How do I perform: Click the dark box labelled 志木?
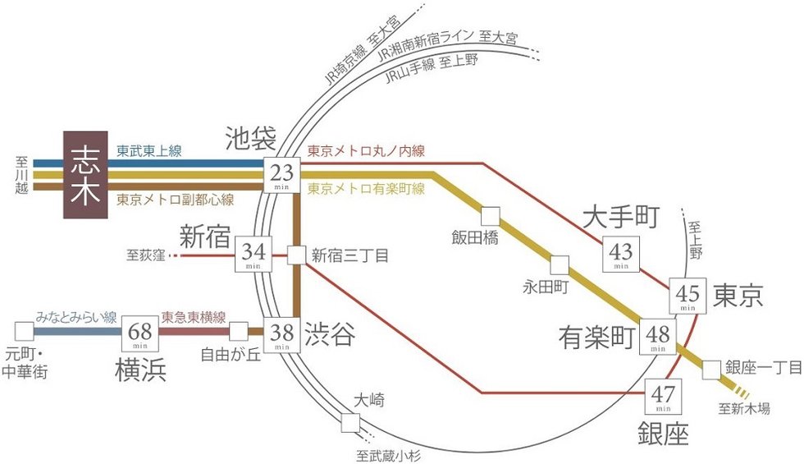point(85,175)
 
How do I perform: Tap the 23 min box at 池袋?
point(281,174)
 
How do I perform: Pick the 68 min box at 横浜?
point(141,333)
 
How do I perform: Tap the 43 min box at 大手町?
point(620,254)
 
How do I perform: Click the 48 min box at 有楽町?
point(658,334)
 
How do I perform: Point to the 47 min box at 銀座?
point(662,395)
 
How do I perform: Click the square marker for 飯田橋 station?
point(490,216)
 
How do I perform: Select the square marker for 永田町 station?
point(560,265)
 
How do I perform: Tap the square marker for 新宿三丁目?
point(296,255)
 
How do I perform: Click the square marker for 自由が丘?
point(239,332)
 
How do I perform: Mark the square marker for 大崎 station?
point(350,423)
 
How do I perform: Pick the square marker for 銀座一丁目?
point(710,370)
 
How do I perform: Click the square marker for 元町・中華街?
point(24,332)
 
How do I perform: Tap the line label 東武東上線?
point(148,151)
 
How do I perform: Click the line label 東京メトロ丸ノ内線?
point(367,151)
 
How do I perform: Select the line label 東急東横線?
point(195,317)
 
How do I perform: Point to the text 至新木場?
point(744,408)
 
